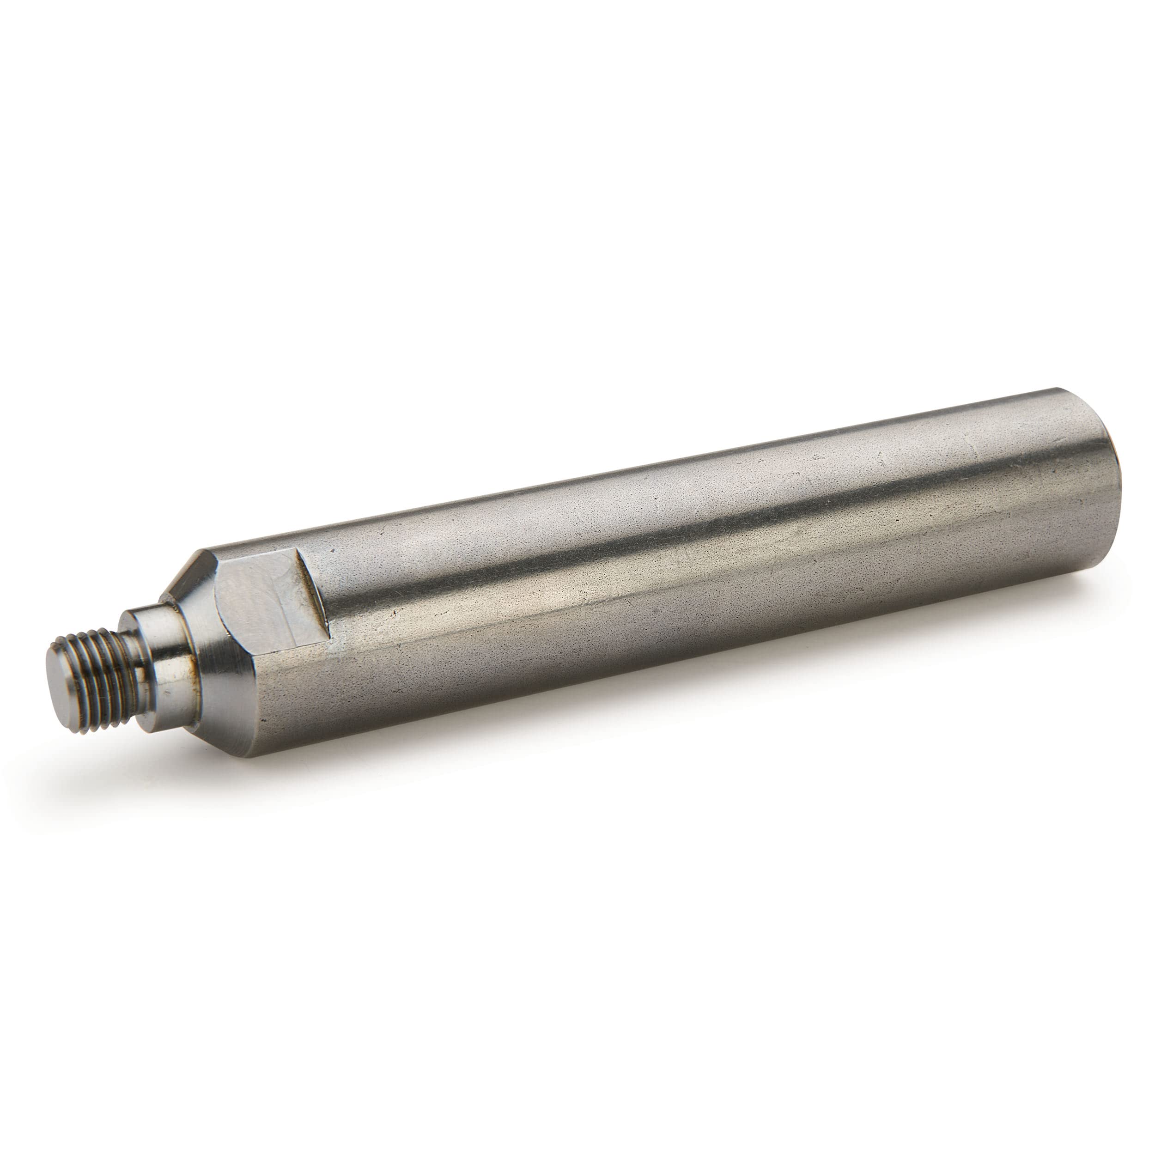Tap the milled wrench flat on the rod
coord(263,597)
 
